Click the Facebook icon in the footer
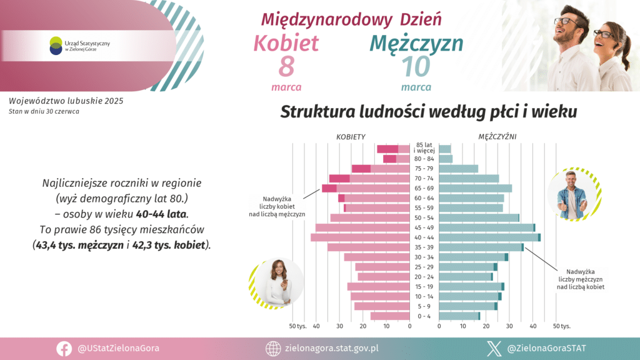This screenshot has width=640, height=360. [64, 348]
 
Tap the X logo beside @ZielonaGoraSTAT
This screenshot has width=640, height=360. [495, 348]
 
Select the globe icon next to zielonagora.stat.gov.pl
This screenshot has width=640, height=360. [272, 348]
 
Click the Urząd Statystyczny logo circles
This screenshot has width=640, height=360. [56, 45]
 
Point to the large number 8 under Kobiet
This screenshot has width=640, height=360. [286, 67]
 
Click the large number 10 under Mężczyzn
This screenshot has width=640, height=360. [416, 67]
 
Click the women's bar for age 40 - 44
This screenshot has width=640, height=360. [360, 237]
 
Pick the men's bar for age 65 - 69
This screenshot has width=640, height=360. [475, 188]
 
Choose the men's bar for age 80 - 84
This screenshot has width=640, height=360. [446, 159]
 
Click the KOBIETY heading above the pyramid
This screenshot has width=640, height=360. [351, 136]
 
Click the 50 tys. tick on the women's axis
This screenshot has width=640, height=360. [296, 326]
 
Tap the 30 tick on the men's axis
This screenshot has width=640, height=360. [509, 326]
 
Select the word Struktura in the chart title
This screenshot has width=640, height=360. [317, 112]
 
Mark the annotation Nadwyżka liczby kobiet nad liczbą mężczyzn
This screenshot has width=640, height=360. [277, 206]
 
